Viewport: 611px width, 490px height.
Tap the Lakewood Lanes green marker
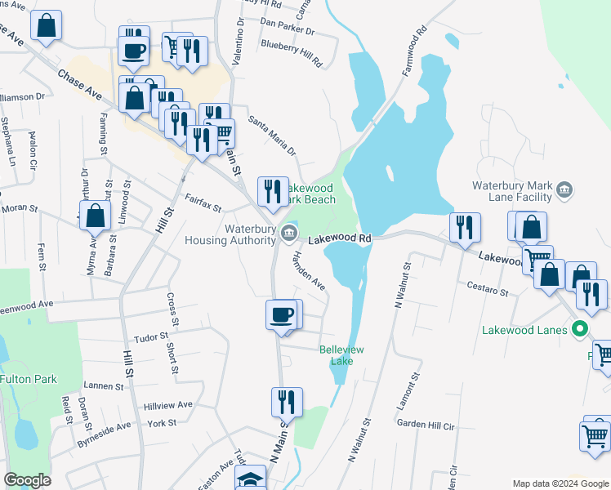tap(581, 331)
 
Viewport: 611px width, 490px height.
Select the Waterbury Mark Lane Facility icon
tap(564, 191)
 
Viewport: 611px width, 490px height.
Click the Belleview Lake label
tap(341, 355)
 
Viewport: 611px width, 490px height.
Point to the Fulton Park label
tap(29, 379)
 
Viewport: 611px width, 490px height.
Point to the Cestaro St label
tap(488, 289)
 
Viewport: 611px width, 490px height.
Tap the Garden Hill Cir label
tap(425, 425)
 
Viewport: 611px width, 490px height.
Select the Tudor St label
tap(150, 336)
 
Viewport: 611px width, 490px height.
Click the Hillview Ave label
tap(168, 405)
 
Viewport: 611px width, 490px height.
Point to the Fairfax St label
tap(203, 202)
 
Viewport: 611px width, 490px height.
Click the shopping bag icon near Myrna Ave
tap(96, 217)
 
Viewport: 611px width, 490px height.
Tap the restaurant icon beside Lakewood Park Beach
tap(273, 192)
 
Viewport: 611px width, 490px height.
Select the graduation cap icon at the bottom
tap(250, 479)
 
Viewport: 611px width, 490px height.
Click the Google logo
tap(28, 480)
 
